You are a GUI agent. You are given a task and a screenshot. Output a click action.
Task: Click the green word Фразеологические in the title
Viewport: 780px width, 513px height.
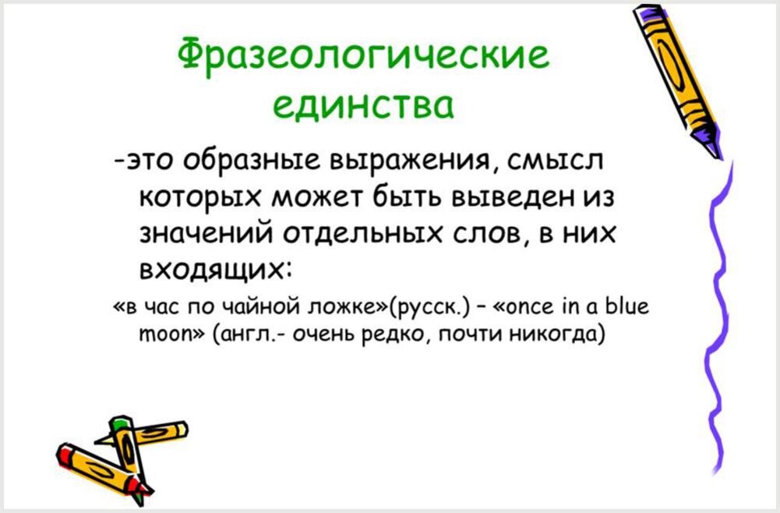point(364,54)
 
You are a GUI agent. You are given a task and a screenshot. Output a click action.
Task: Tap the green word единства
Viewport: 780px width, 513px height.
point(363,105)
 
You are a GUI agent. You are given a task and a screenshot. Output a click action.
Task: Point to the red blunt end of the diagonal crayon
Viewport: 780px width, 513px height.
point(63,453)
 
